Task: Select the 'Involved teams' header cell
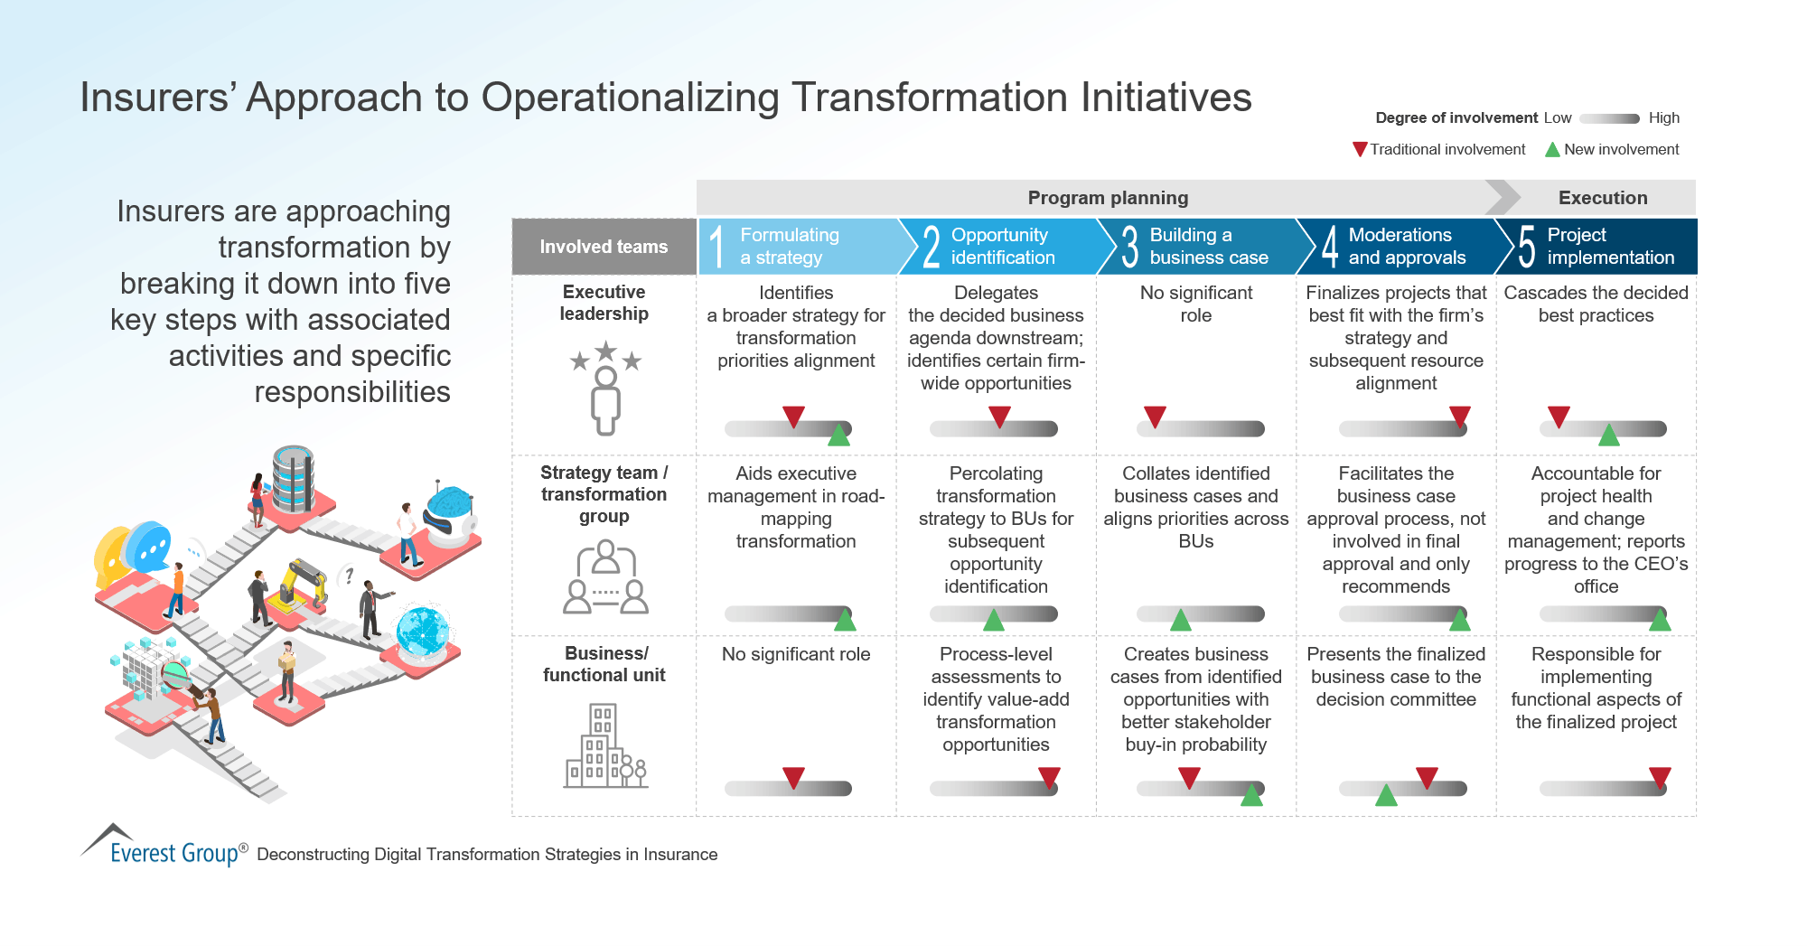click(604, 247)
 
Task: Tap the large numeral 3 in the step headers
click(1129, 247)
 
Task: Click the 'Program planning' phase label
click(1108, 198)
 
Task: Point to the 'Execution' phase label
click(1602, 198)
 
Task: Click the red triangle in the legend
click(1360, 149)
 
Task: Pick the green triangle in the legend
click(1552, 150)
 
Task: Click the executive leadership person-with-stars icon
click(605, 389)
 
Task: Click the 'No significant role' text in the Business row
click(796, 654)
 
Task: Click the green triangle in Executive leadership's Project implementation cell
click(1609, 436)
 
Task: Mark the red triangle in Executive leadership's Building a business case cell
click(1155, 417)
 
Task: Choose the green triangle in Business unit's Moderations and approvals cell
click(1386, 795)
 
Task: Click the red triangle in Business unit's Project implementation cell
click(1660, 777)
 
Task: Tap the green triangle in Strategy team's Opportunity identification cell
click(994, 620)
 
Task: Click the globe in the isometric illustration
click(422, 630)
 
